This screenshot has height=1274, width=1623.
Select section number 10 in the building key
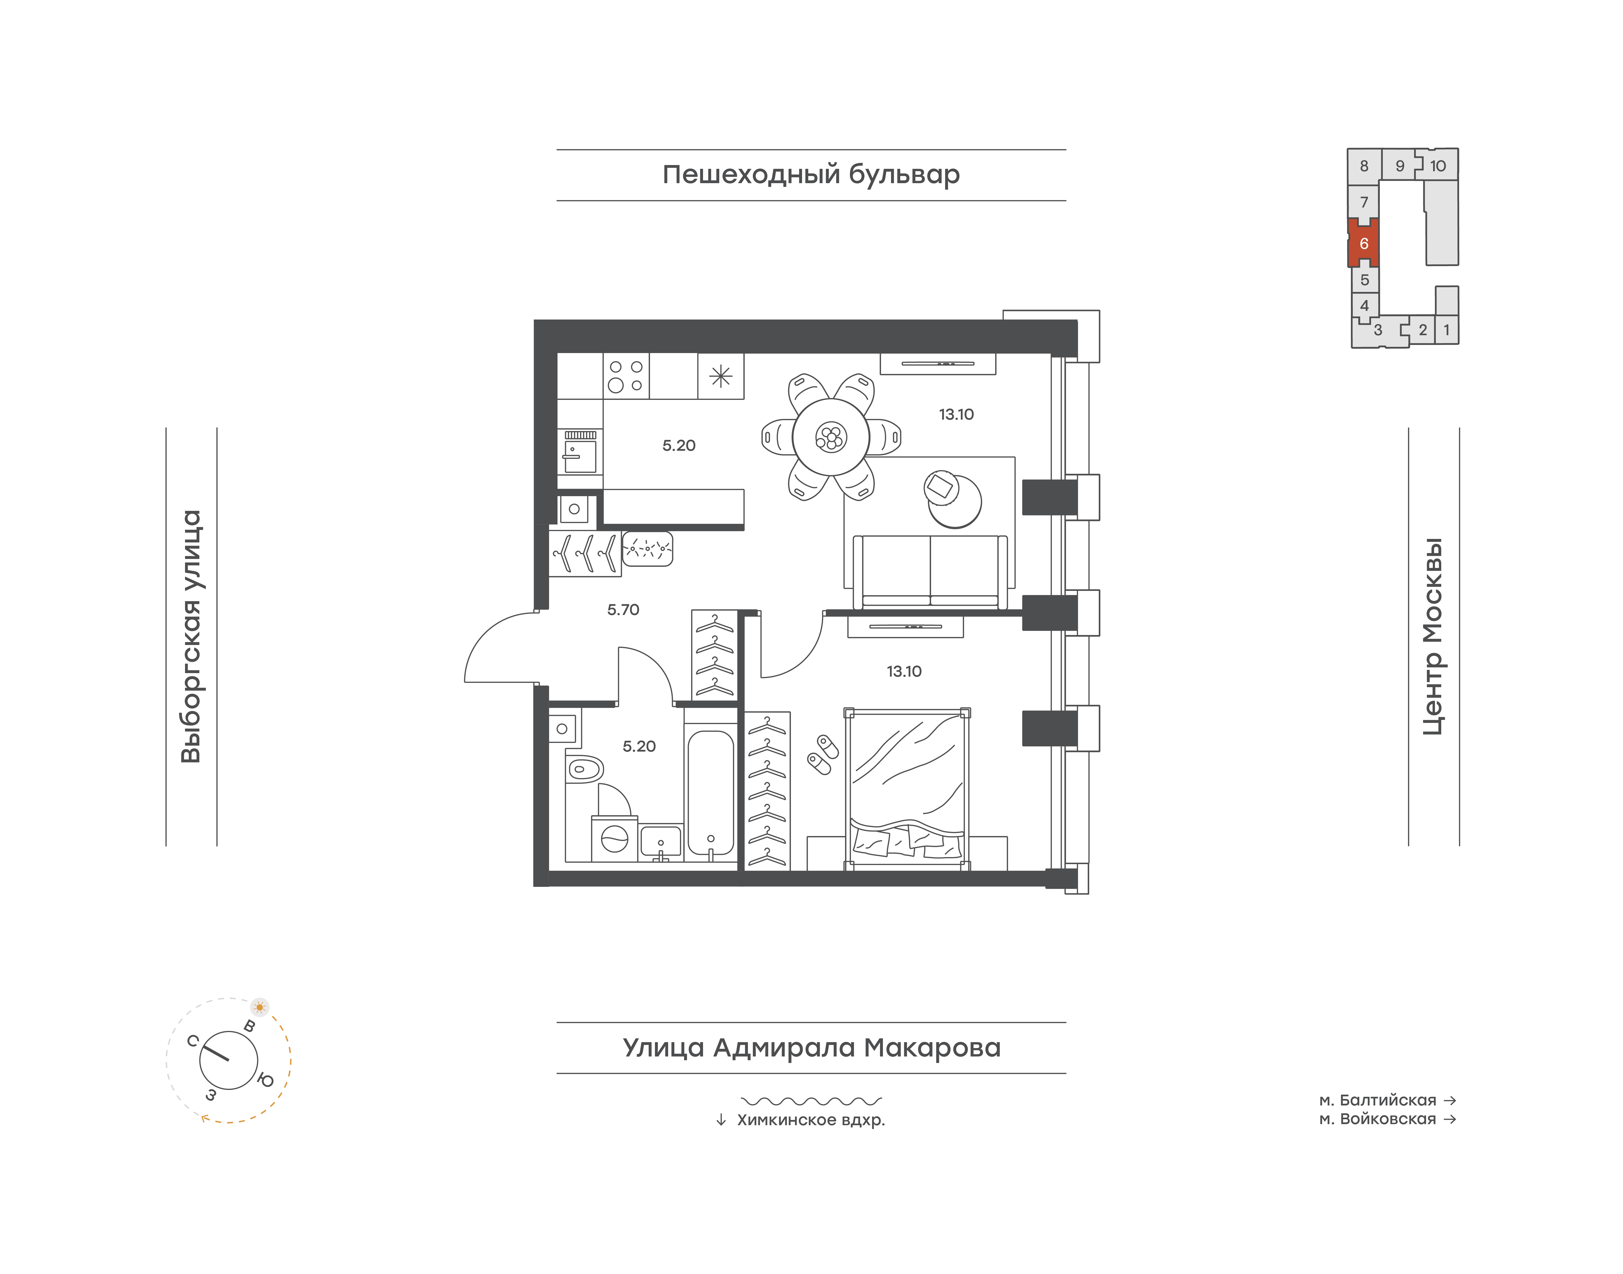(1437, 166)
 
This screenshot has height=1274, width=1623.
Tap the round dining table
(830, 437)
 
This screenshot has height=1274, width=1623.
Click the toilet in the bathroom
(584, 769)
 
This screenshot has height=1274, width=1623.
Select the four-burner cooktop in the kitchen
(626, 376)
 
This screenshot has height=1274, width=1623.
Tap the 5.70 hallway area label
(623, 609)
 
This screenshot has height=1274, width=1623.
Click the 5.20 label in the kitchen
(679, 445)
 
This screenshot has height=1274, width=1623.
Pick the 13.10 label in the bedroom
(904, 671)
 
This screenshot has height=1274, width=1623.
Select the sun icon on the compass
(260, 1007)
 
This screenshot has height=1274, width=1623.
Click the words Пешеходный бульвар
(811, 175)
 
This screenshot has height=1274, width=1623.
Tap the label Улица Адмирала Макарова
(811, 1047)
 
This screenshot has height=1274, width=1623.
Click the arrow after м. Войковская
(1450, 1119)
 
